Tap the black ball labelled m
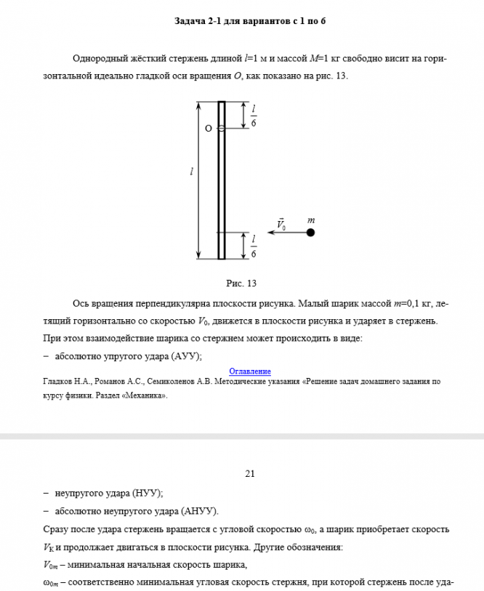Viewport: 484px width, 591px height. click(x=310, y=233)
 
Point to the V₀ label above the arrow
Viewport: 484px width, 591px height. click(x=281, y=223)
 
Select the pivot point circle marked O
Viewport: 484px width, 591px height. click(x=222, y=128)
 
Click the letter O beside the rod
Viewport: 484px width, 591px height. click(x=209, y=129)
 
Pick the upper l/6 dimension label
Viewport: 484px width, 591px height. click(x=254, y=116)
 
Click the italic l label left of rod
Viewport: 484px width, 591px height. click(x=191, y=172)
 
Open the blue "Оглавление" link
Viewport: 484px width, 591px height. click(x=250, y=371)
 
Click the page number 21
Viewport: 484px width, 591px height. click(x=250, y=474)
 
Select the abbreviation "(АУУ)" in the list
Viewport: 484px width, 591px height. click(x=185, y=356)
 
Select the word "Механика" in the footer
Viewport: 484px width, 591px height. click(x=147, y=396)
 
